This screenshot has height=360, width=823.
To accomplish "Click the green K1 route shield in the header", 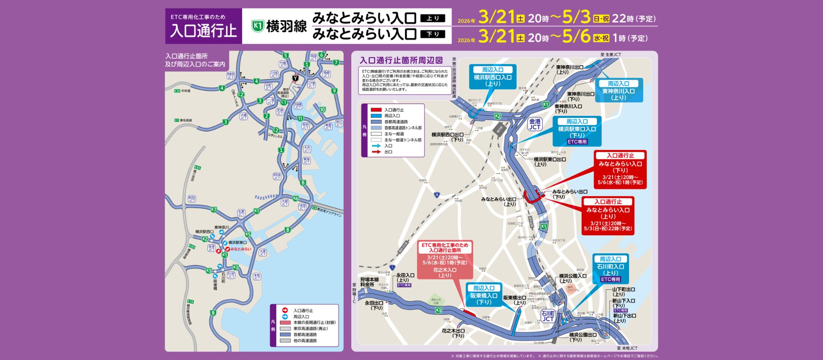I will [x=257, y=26].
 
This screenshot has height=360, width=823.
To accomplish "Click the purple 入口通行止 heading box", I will [x=204, y=26].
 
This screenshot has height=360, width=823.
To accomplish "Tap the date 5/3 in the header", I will [x=576, y=18].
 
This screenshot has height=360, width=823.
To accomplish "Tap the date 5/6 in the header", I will [x=576, y=37].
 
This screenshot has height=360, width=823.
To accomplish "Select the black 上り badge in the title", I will [x=433, y=18].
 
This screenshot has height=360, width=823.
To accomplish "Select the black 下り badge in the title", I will [x=433, y=34].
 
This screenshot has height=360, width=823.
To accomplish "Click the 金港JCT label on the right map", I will [x=535, y=124].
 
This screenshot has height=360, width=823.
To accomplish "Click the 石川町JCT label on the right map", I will [x=548, y=316].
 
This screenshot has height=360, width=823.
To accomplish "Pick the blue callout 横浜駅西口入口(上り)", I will [x=493, y=77].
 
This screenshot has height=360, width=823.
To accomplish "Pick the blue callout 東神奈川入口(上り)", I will [x=619, y=90].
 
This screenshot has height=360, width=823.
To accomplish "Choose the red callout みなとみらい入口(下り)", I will [x=620, y=170].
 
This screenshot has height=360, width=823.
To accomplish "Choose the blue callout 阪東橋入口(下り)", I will [x=484, y=295].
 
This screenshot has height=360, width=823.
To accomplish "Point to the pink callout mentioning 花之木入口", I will [x=445, y=260].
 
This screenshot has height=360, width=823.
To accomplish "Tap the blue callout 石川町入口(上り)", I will [x=610, y=269].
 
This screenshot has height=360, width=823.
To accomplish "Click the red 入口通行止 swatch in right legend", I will [x=375, y=110].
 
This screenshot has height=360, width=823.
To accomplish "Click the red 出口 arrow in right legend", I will [x=376, y=152].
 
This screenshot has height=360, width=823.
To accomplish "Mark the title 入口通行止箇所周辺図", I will [x=401, y=60].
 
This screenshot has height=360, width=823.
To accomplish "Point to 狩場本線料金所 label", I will [x=369, y=282].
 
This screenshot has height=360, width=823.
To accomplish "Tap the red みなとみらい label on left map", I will [x=240, y=249].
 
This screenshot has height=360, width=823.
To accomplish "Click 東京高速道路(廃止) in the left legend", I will [x=310, y=328].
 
